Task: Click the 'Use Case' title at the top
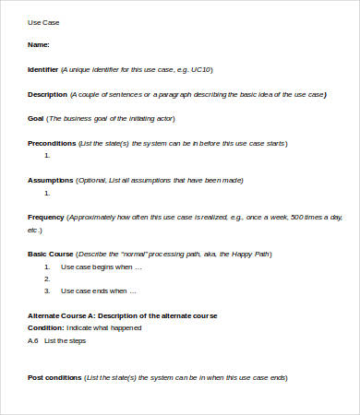click(x=44, y=21)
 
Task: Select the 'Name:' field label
click(x=39, y=44)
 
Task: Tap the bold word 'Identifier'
click(x=43, y=69)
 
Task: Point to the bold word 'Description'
click(x=47, y=94)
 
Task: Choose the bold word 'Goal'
click(x=36, y=118)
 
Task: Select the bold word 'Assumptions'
click(x=50, y=180)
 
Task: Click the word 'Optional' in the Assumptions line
click(x=94, y=180)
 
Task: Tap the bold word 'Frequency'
click(x=46, y=217)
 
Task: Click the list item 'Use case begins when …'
click(x=102, y=267)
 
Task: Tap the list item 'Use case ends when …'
click(x=99, y=290)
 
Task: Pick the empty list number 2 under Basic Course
click(x=47, y=279)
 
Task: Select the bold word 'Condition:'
click(x=46, y=327)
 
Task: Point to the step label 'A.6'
click(x=33, y=340)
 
